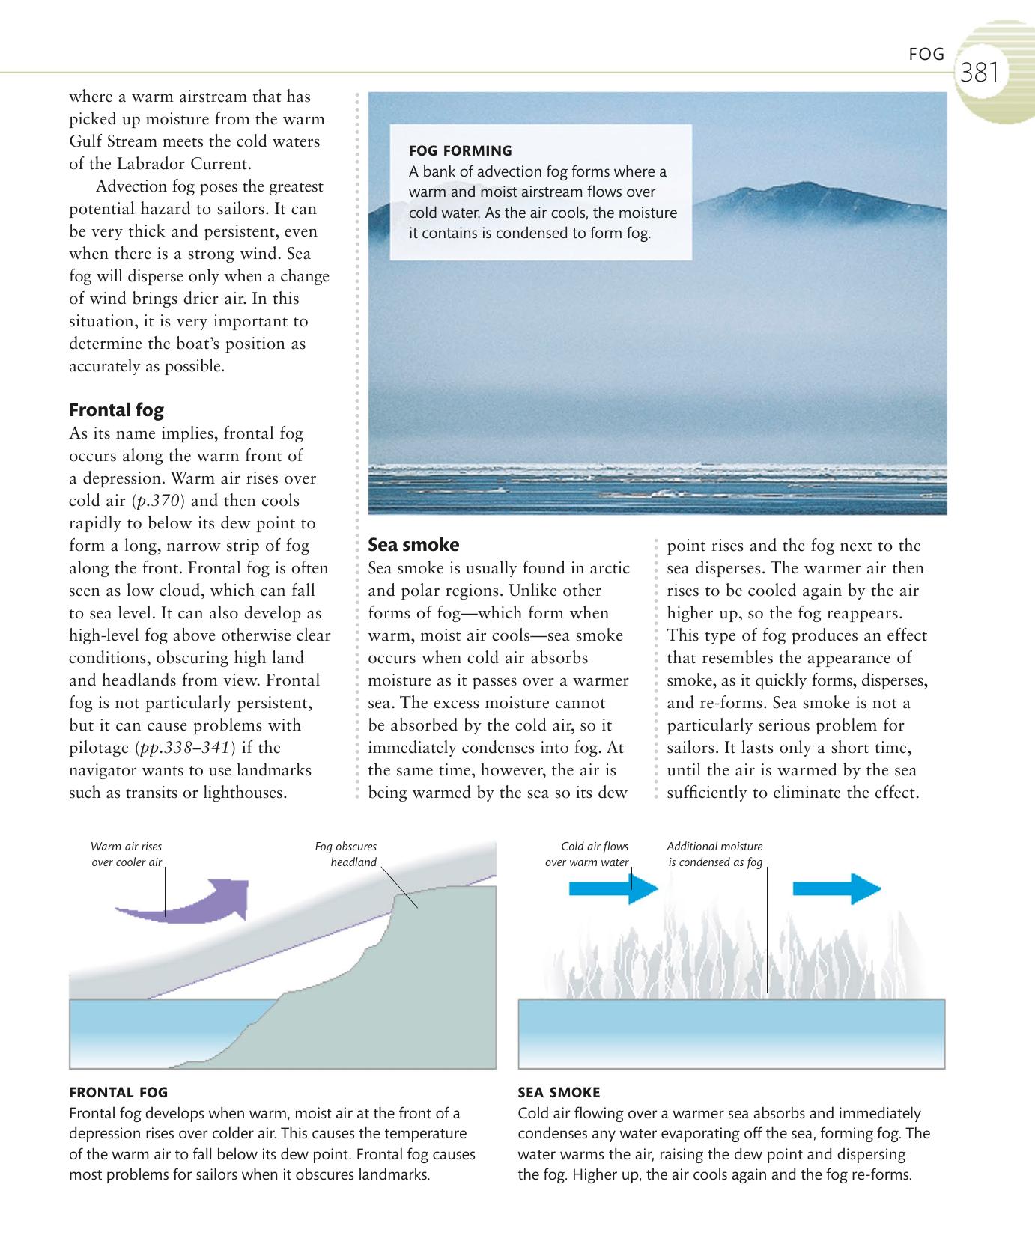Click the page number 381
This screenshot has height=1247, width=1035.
coord(980,73)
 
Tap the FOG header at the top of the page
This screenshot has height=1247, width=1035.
coord(926,54)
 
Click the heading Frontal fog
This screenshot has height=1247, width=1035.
coord(116,409)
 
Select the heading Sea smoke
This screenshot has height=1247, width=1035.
coord(413,544)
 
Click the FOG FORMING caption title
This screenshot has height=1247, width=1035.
coord(460,151)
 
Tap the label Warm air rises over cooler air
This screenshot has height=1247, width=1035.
coord(126,854)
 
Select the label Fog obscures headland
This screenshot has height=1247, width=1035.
coord(345,854)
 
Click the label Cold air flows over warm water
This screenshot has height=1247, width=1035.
coord(587,854)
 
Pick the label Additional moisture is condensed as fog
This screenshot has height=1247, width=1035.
coord(714,854)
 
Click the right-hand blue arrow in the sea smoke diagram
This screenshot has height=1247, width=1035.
coord(836,888)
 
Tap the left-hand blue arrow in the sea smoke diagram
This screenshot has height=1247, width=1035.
coord(613,888)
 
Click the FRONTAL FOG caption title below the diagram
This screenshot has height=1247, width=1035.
coord(118,1092)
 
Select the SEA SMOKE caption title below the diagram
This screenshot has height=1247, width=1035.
coord(559,1092)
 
